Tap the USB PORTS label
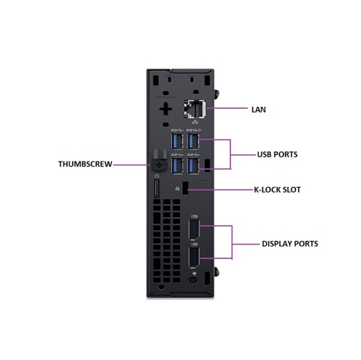(x=278, y=154)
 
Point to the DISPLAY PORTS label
(x=289, y=244)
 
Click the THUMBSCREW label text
(x=84, y=164)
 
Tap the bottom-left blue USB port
(x=175, y=165)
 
